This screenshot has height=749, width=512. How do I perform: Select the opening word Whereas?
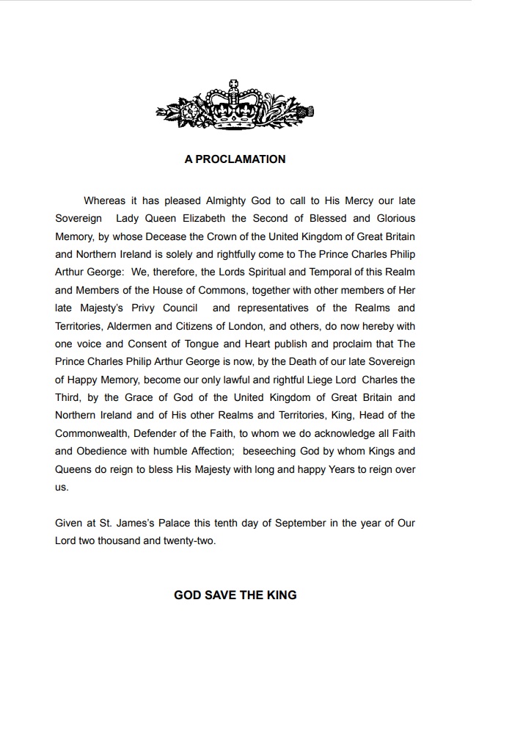(105, 200)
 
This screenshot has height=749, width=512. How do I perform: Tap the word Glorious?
(396, 218)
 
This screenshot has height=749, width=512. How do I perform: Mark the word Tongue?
(197, 344)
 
